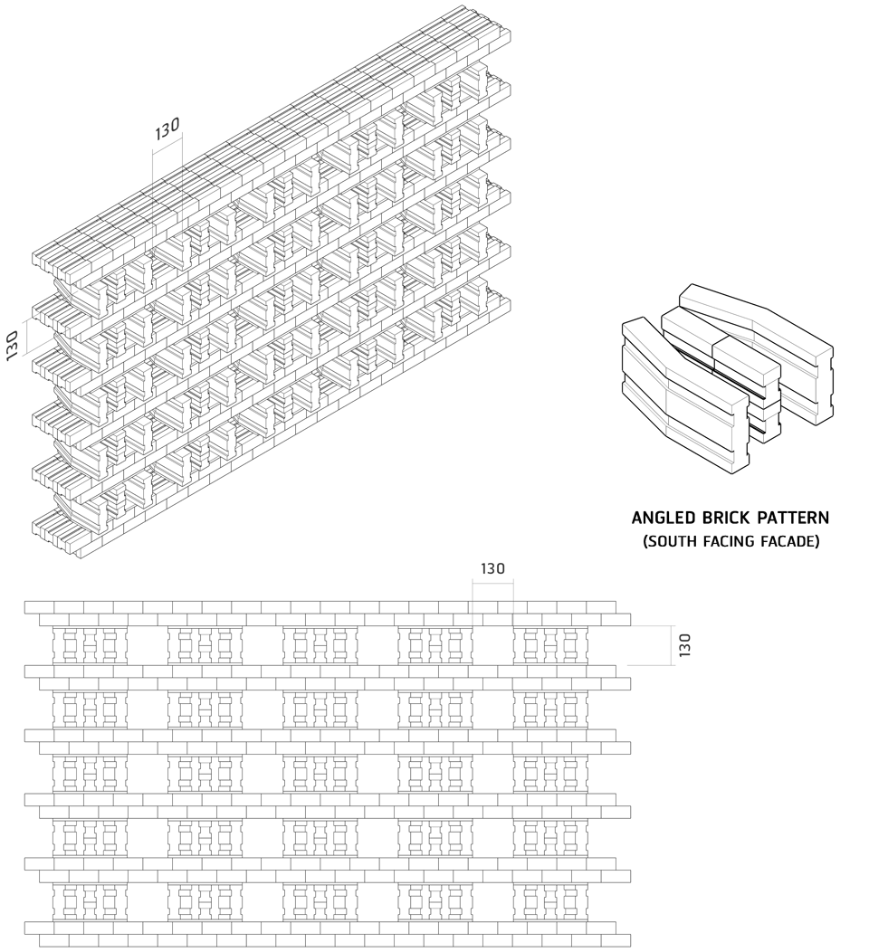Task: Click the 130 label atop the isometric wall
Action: tap(167, 129)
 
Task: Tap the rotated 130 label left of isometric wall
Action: tap(12, 346)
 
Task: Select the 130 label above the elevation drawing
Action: tap(492, 569)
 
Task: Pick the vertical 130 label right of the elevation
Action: tap(684, 645)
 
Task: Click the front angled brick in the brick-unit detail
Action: tap(684, 395)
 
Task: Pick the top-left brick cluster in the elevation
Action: tap(90, 645)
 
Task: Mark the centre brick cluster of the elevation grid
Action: tap(320, 773)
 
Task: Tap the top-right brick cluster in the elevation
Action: tap(550, 645)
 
